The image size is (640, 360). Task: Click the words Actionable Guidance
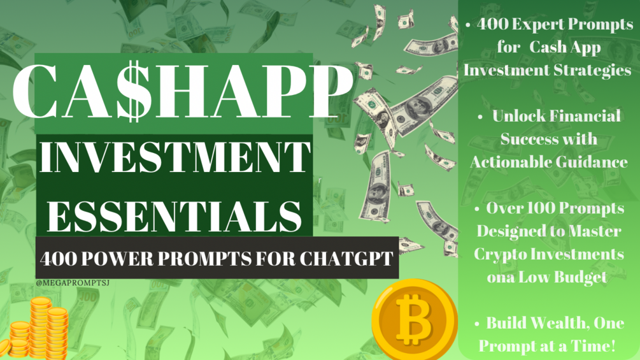point(548,162)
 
